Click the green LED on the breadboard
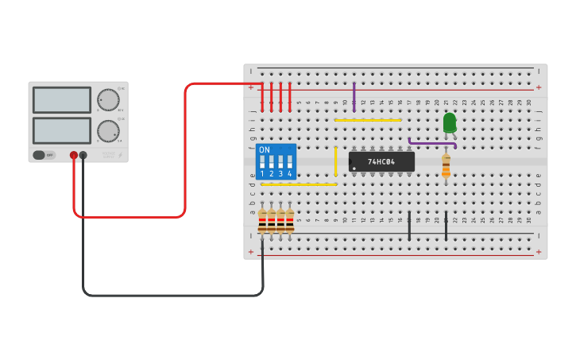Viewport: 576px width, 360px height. click(x=450, y=122)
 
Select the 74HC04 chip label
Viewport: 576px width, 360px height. click(x=381, y=162)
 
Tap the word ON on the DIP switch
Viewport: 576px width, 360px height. click(x=265, y=149)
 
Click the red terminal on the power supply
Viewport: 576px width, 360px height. click(x=74, y=155)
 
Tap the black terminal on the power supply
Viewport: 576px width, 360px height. click(x=83, y=155)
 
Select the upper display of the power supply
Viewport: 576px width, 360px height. click(x=62, y=100)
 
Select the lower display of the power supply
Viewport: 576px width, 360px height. click(x=62, y=130)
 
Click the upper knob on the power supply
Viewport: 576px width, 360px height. click(x=108, y=100)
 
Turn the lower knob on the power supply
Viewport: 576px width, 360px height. click(x=108, y=131)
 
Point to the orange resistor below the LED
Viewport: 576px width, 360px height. click(x=446, y=167)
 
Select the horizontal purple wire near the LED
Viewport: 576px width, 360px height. click(x=432, y=144)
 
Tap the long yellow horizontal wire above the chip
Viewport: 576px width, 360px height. click(x=368, y=120)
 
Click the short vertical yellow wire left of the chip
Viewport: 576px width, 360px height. click(x=335, y=161)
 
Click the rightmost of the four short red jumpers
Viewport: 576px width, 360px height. click(x=290, y=97)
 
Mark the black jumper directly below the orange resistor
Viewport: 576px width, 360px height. click(x=446, y=226)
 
